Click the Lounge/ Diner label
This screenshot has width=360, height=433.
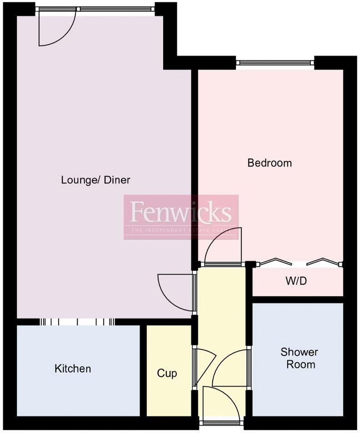(x=95, y=180)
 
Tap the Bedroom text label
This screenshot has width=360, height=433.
(x=270, y=163)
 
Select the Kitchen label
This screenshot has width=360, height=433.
(x=73, y=368)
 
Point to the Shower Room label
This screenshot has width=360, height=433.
(x=299, y=358)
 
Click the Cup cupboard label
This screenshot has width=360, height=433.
(x=167, y=373)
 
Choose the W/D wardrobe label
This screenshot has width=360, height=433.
(x=296, y=281)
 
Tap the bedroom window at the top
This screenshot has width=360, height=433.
(x=275, y=63)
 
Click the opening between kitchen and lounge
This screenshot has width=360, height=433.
(x=77, y=322)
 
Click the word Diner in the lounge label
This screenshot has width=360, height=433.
(x=117, y=180)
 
